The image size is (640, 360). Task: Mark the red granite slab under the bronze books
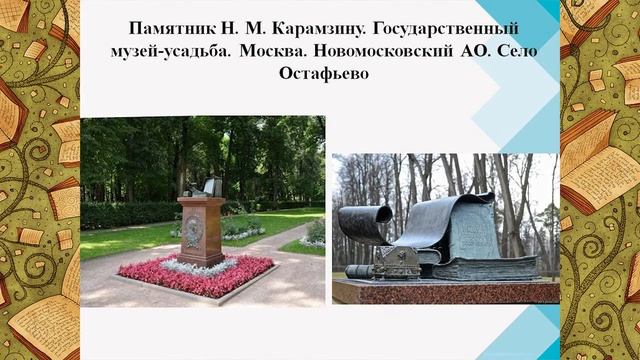click(445, 291)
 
